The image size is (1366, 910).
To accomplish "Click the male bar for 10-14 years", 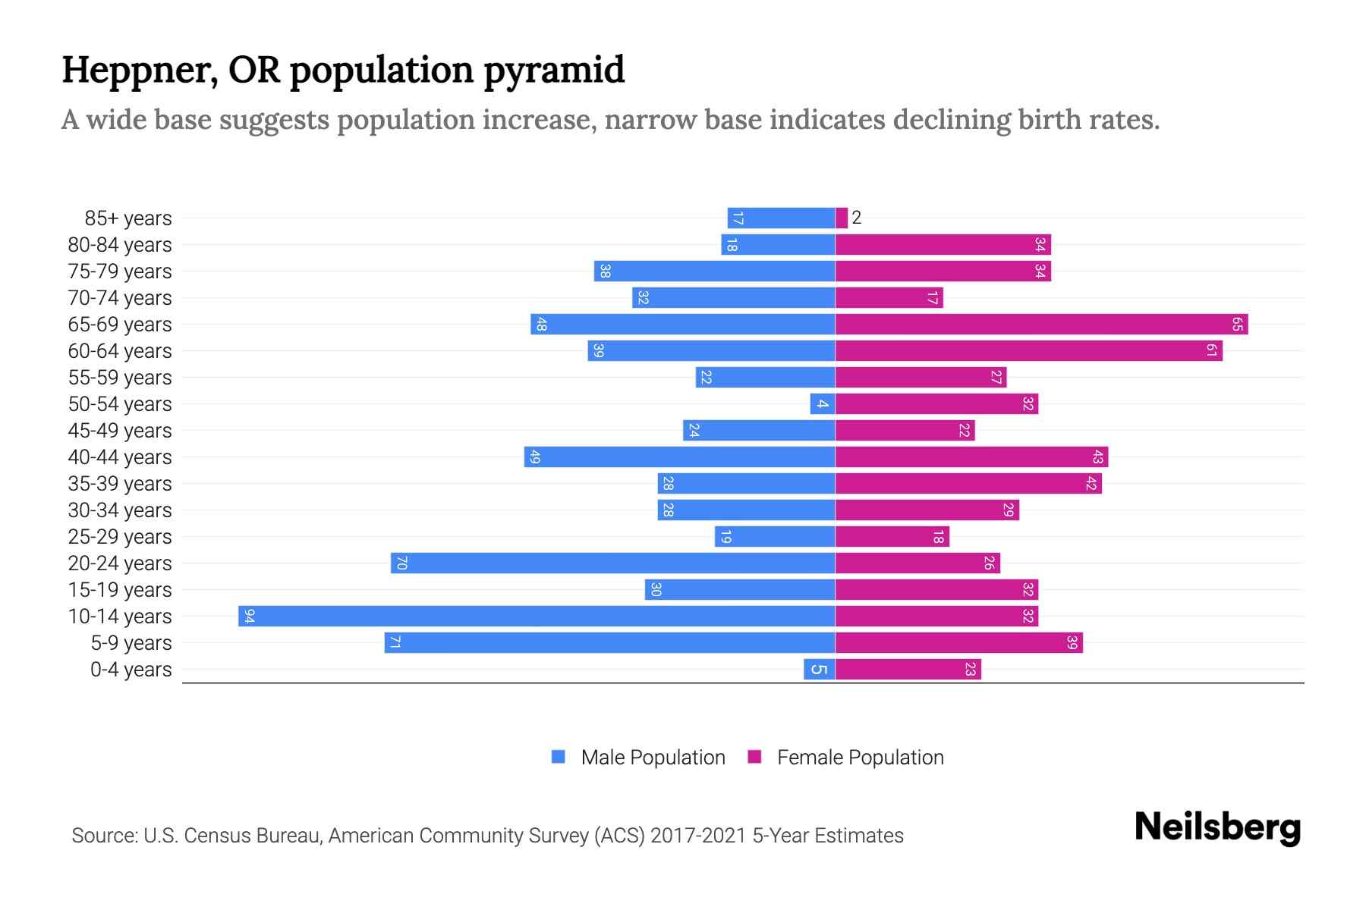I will [537, 616].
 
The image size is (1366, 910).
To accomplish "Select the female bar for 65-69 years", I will [1041, 325].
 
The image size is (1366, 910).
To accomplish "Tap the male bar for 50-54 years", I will [823, 404].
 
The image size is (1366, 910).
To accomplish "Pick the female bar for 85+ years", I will [842, 218].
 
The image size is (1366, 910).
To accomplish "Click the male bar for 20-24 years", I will [612, 563].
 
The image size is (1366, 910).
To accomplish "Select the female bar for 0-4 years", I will [908, 670].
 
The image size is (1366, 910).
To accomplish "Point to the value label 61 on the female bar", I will [1211, 351].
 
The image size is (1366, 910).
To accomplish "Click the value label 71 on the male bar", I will [395, 643].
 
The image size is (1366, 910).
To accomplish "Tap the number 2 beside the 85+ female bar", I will [857, 218].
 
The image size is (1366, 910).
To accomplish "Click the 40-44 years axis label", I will [120, 457].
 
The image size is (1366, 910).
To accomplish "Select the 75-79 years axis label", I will [120, 271].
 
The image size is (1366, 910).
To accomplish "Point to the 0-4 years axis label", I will [131, 670].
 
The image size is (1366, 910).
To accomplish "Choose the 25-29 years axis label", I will [120, 537].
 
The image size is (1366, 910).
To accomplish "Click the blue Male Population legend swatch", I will [559, 757].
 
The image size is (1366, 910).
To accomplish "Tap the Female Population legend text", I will [860, 758].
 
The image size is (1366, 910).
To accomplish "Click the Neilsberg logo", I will [1217, 827].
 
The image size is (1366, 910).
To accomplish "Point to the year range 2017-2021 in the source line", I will [698, 836].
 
